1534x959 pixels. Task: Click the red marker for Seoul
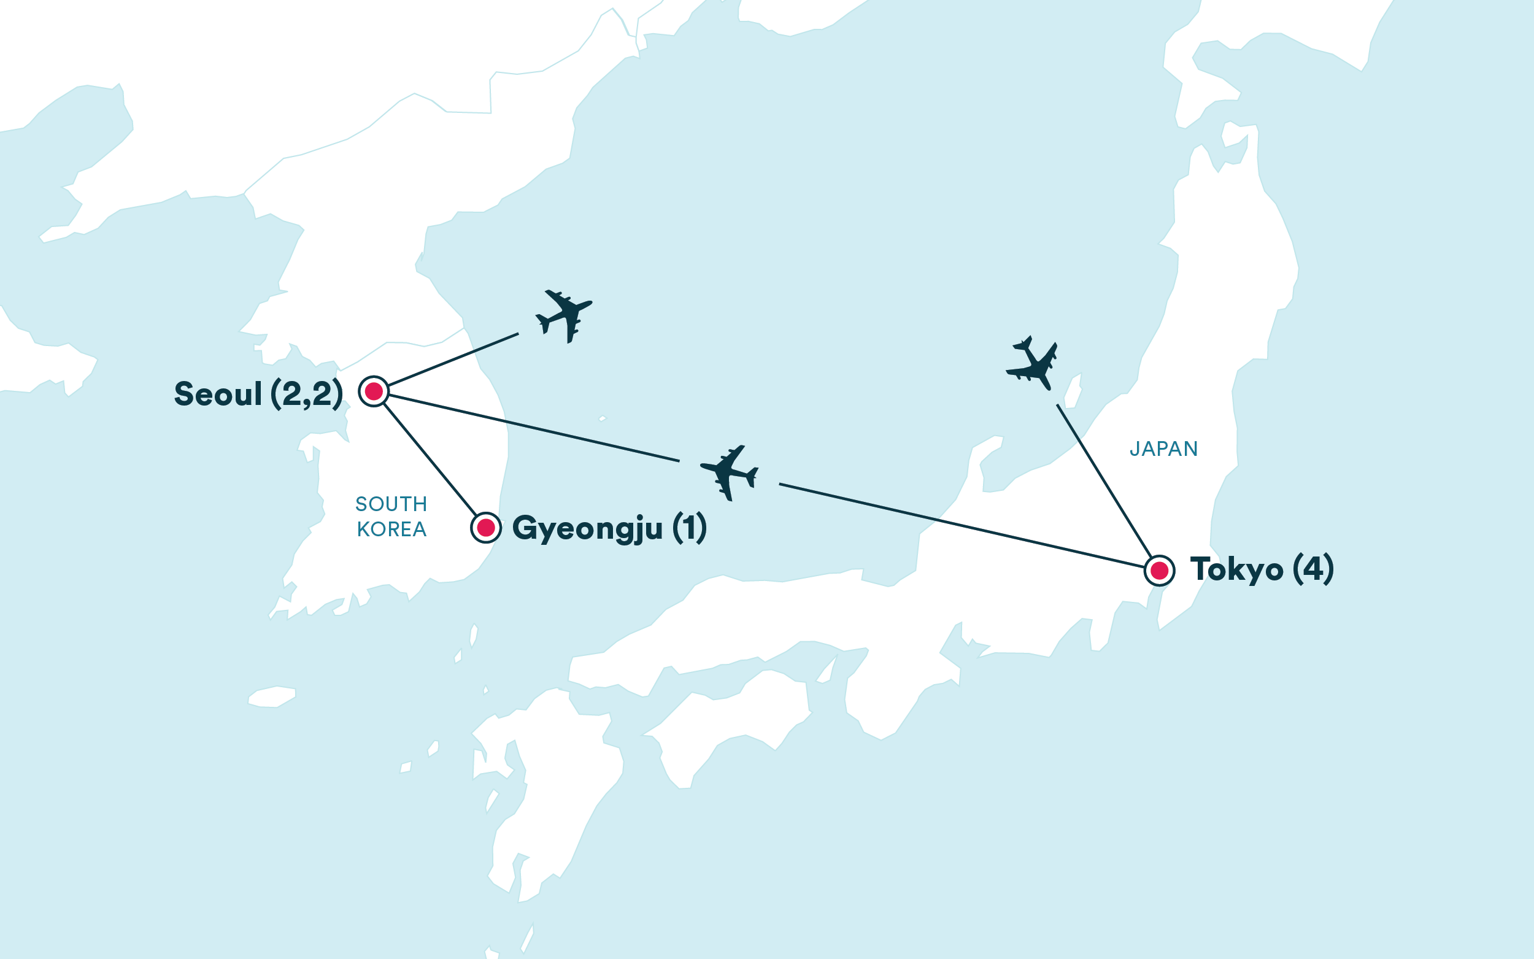pos(374,391)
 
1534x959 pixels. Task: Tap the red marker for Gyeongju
pos(486,528)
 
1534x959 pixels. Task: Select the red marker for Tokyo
pos(1159,571)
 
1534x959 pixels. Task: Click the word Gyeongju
pos(587,528)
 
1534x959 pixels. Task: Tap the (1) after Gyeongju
pos(688,528)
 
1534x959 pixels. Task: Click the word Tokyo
pos(1236,569)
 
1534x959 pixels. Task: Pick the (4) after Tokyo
pos(1312,569)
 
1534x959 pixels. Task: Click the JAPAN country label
pos(1163,449)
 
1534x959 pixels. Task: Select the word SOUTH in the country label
pos(391,504)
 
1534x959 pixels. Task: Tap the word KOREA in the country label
pos(391,529)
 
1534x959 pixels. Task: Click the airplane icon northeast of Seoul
pos(565,315)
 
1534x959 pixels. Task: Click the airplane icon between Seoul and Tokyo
pos(730,472)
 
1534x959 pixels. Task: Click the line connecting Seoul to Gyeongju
pos(430,460)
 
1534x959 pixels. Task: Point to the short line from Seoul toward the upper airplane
pos(453,360)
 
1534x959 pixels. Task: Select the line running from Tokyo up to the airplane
pos(1103,481)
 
